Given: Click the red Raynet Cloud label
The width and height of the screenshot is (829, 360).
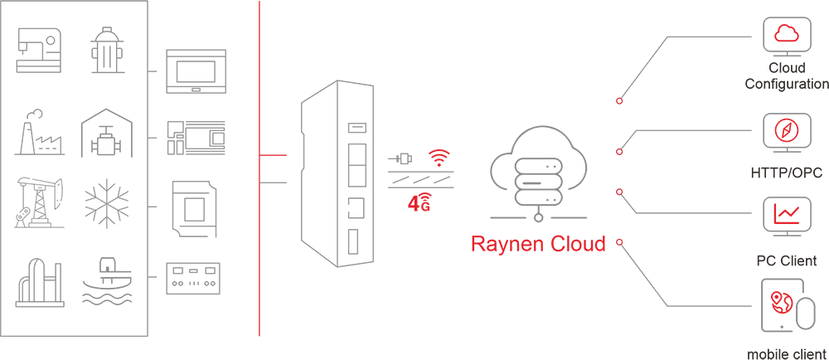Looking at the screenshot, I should tap(538, 236).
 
